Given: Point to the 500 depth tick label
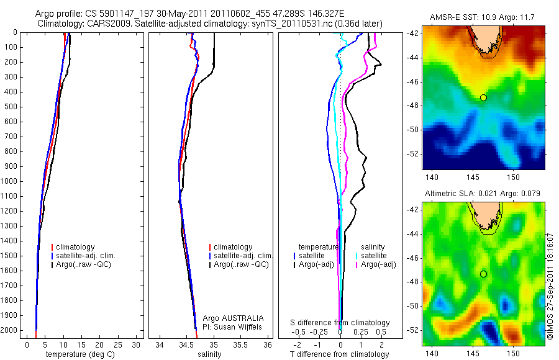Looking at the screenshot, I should click(x=10, y=107).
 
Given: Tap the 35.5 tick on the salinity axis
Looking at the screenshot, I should click(x=241, y=344).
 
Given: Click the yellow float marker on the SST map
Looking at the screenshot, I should click(x=483, y=97).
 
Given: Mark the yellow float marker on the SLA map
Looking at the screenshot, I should click(x=483, y=274).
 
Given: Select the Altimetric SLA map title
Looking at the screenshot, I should click(x=483, y=194).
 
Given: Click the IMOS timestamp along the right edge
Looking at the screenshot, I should click(x=550, y=286).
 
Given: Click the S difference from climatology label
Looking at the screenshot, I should click(x=340, y=323).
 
